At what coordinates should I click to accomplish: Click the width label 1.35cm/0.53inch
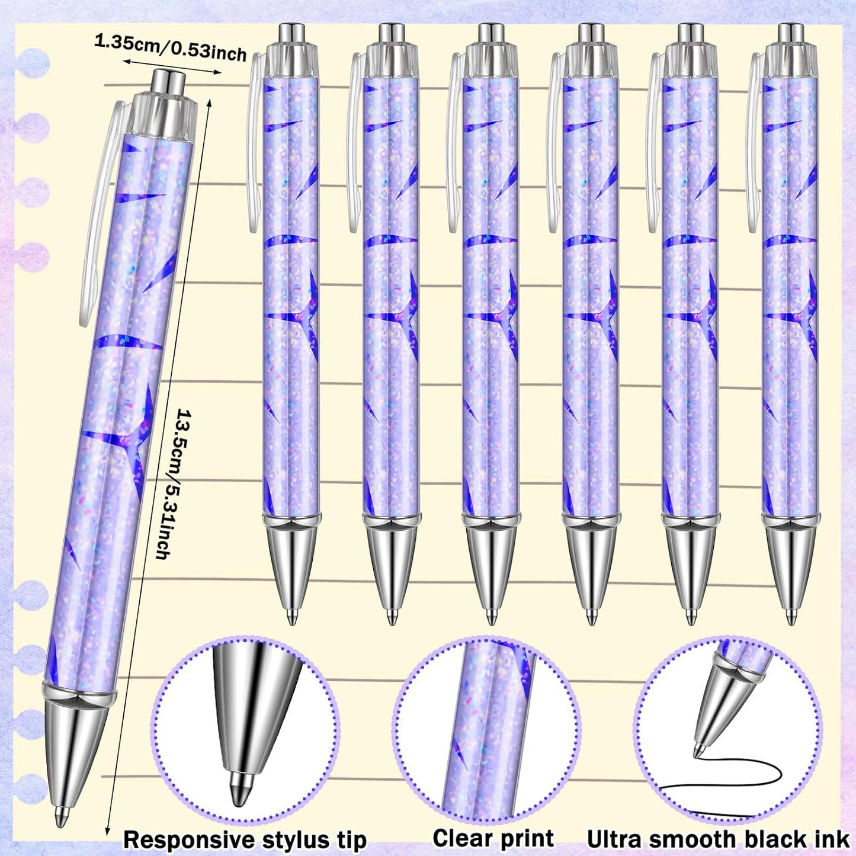point(170,48)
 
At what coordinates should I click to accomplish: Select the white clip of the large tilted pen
point(100,213)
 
